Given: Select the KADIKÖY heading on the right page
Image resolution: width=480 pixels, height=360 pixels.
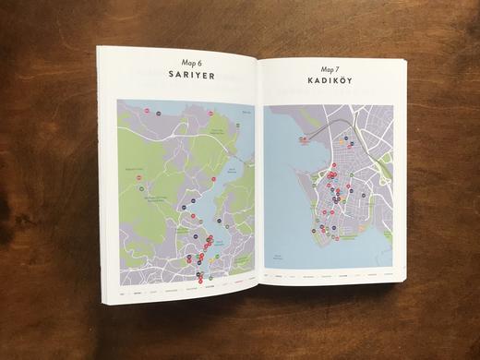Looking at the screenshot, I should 329,82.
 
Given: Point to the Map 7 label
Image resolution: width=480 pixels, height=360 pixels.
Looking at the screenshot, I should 329,69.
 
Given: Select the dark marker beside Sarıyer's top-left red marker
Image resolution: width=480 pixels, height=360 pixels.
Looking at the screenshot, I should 158,111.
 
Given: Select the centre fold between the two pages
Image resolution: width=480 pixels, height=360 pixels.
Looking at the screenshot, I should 258,175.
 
